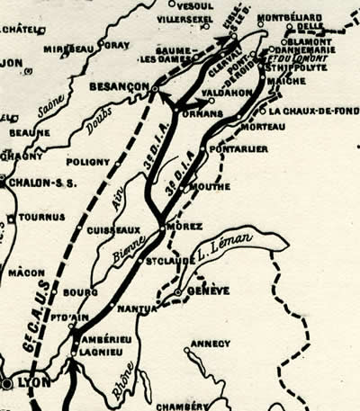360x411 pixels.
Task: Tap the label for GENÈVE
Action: pyautogui.click(x=209, y=290)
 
